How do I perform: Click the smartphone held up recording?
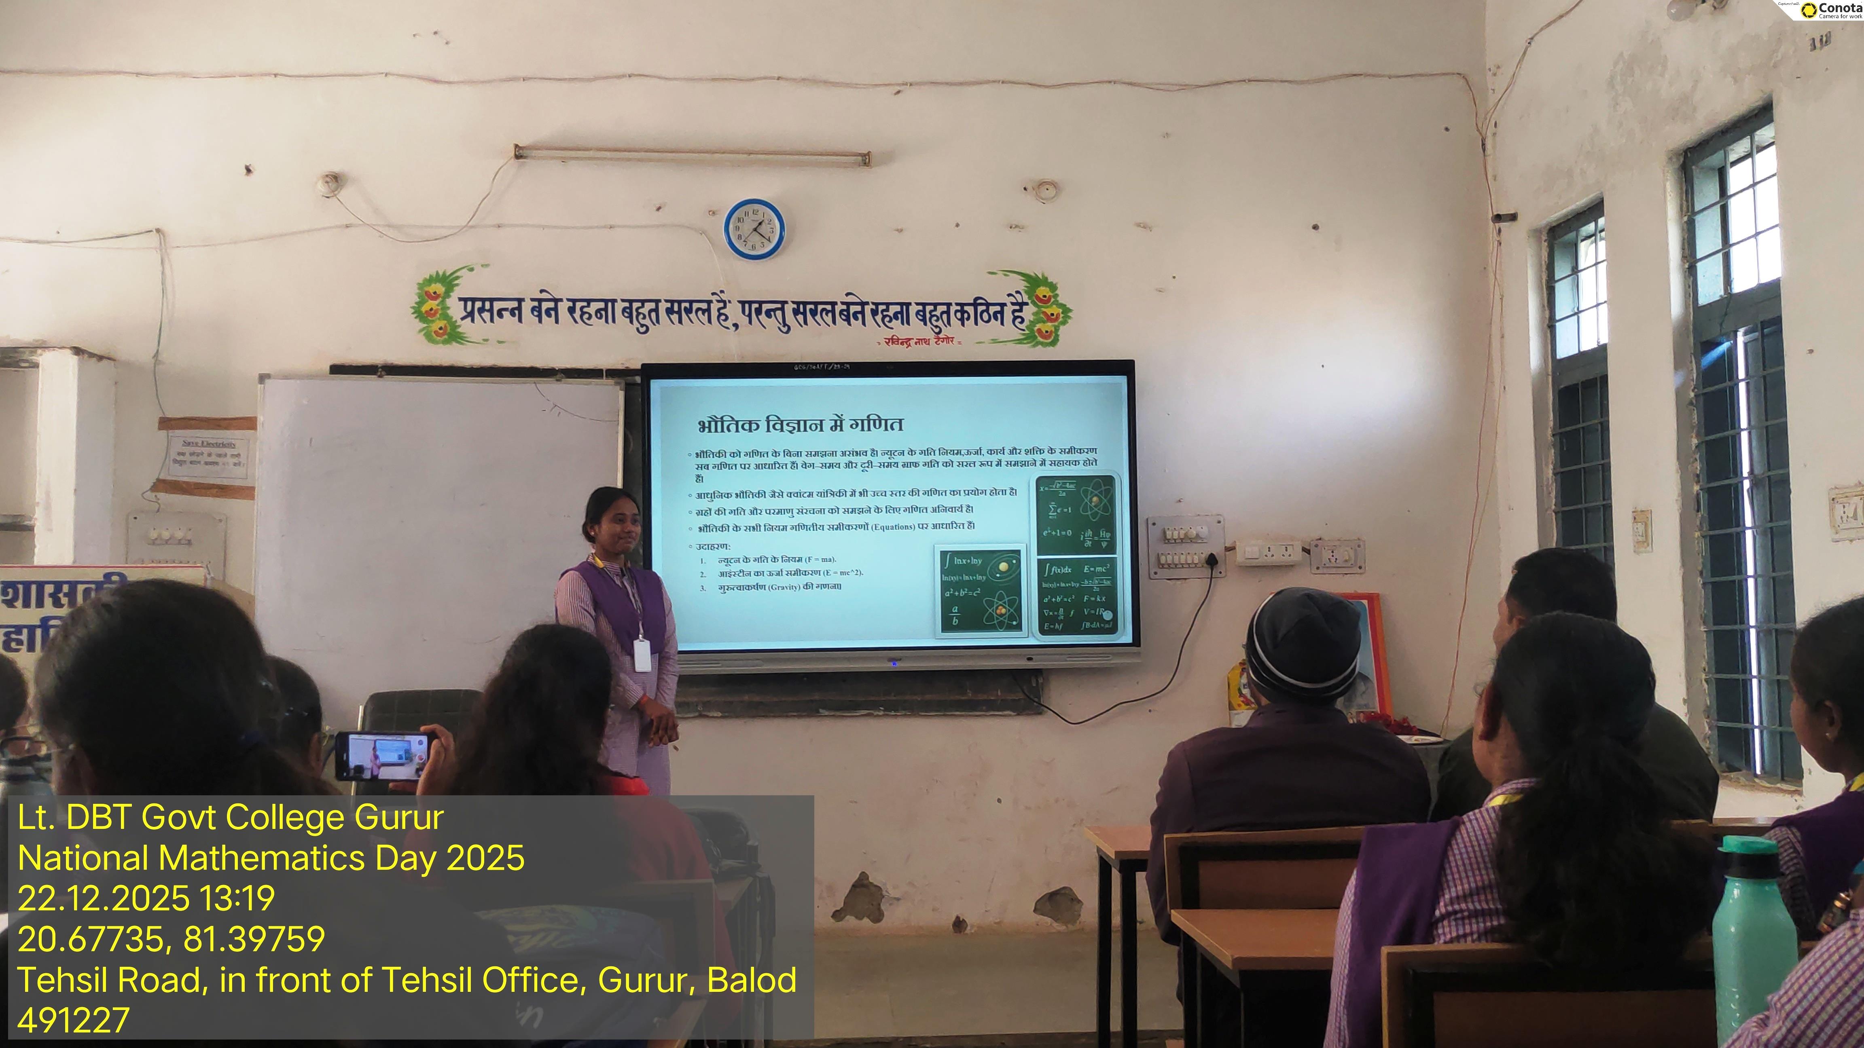point(383,756)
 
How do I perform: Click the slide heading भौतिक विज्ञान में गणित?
point(800,425)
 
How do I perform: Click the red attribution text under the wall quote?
point(920,341)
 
